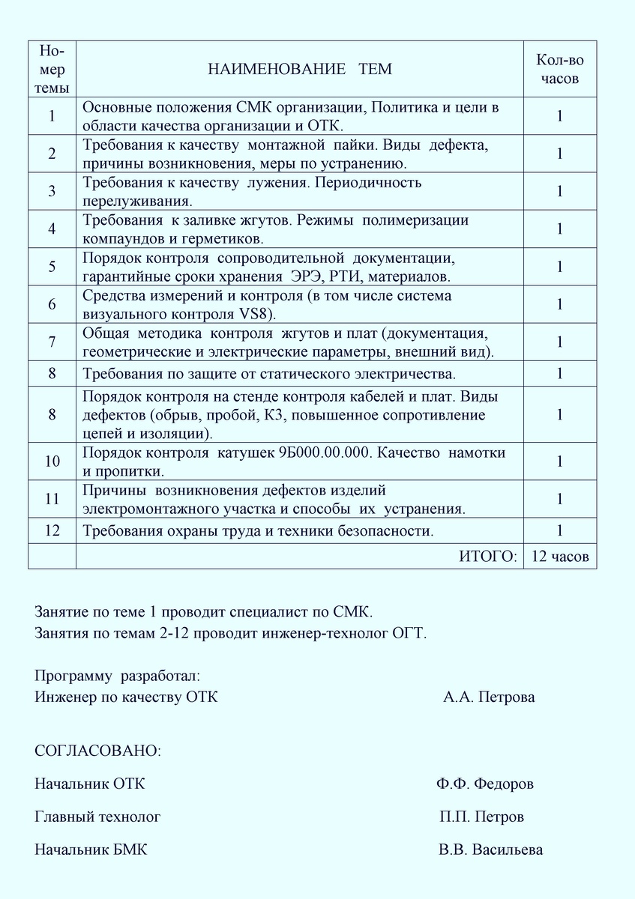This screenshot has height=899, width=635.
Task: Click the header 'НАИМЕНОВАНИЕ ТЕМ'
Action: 299,70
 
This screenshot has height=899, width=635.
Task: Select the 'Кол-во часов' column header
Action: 559,70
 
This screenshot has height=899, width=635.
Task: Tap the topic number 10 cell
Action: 52,461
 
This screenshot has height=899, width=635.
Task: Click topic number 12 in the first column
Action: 52,531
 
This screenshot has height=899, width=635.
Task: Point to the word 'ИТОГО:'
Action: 487,556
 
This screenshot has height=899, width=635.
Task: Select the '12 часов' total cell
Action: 559,556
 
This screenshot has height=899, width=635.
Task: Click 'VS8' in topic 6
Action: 259,312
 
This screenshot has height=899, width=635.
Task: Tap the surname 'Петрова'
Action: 508,697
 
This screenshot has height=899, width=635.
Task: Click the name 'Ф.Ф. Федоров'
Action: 485,784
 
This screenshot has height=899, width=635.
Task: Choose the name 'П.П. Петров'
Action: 481,817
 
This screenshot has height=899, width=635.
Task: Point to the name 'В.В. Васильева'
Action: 491,850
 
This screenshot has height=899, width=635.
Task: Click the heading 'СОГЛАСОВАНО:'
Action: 97,751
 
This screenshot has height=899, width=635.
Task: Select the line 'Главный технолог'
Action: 97,817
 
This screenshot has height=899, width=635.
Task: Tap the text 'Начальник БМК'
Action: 91,850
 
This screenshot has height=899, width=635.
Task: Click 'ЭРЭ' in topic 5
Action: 306,275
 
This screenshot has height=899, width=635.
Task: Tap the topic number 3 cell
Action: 52,192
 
